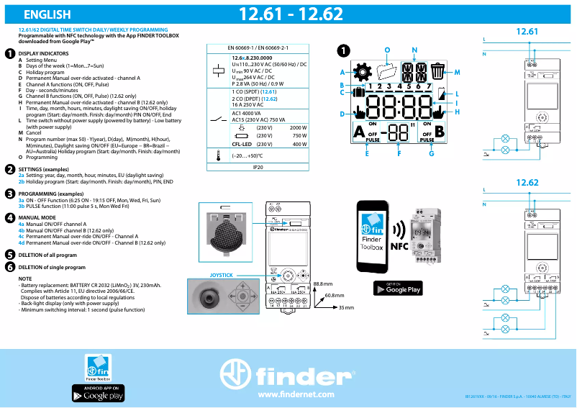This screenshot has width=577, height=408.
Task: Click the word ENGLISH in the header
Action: click(47, 14)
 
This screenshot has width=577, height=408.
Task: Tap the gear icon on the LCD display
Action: click(363, 71)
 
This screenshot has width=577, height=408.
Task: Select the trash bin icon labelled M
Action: click(438, 71)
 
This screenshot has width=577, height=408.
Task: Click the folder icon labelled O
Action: click(388, 72)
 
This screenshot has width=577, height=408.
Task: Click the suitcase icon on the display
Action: click(359, 91)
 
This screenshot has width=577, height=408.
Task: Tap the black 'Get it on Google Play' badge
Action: click(399, 289)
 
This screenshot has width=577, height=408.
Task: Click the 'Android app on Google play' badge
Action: click(98, 393)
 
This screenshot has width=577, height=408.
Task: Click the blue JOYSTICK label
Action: click(221, 275)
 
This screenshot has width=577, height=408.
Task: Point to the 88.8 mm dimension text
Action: click(323, 284)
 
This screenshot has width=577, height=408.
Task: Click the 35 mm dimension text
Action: click(346, 307)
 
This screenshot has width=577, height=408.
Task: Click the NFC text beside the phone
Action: click(399, 245)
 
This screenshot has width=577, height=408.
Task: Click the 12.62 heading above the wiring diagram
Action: click(527, 183)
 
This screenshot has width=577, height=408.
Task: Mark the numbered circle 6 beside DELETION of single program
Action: click(9, 266)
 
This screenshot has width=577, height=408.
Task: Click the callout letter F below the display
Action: click(399, 153)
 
